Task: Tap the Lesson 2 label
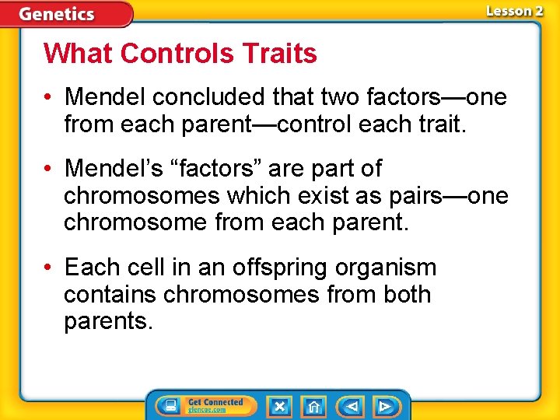point(514,11)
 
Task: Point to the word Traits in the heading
point(279,54)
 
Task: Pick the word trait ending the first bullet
point(443,124)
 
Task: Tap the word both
point(407,294)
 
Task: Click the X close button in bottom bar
point(279,406)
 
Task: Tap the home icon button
point(313,406)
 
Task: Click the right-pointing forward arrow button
point(384,406)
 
